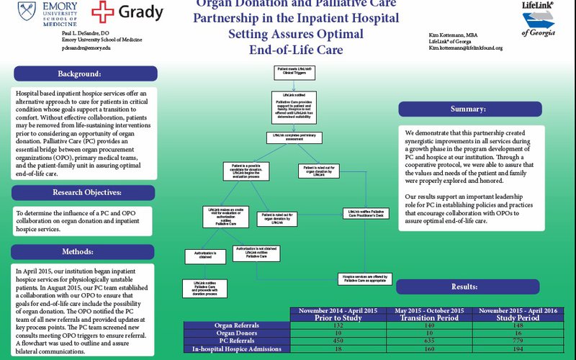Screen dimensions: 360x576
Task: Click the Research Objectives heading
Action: [x=85, y=193]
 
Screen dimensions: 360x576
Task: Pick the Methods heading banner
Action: [x=85, y=251]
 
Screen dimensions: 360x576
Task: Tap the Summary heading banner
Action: [x=468, y=109]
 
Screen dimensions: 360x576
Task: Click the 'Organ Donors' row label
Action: [x=237, y=333]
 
